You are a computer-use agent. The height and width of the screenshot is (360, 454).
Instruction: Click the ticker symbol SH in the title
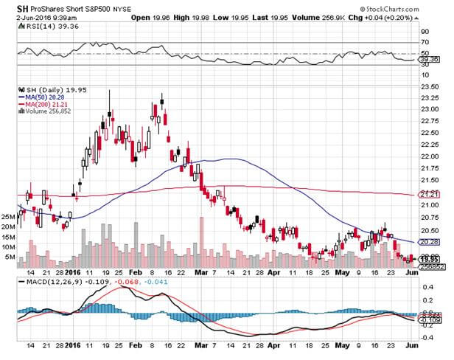(13, 7)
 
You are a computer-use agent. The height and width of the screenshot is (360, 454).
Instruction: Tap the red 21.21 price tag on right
(429, 193)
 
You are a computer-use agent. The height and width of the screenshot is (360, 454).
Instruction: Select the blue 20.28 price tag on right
(429, 242)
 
